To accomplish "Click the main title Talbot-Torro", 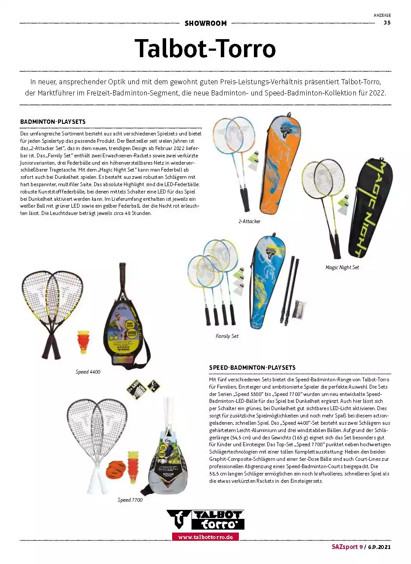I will (x=205, y=48).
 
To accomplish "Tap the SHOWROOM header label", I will (x=205, y=23).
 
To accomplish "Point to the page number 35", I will (x=387, y=23).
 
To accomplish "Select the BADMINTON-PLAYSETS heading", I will (x=53, y=122).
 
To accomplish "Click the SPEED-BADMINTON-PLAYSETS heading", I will (x=252, y=368).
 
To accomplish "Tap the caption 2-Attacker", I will (x=249, y=221).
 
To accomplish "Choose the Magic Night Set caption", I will (x=342, y=267).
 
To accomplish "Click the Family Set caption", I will (x=227, y=336).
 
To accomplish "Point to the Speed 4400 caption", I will (x=88, y=372).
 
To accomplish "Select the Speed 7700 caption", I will (x=130, y=500).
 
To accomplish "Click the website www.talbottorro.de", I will (x=205, y=537).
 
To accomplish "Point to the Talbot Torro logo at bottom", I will (x=205, y=520).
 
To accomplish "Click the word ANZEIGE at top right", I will (x=382, y=15).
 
